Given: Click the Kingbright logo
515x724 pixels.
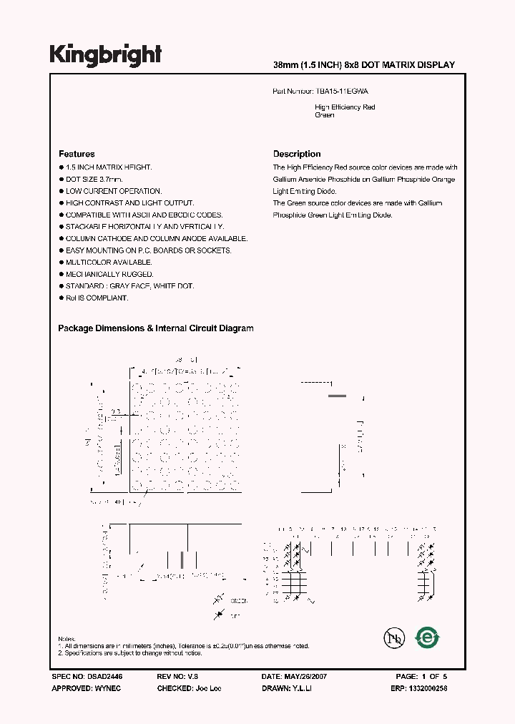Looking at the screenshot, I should (105, 54).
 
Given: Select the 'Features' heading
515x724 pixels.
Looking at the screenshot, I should (77, 154).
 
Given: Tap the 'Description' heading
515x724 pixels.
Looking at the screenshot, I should (297, 154).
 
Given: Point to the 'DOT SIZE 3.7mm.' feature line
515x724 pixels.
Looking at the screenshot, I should (94, 179).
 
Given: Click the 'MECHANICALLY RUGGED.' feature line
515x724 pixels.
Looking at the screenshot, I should (109, 274).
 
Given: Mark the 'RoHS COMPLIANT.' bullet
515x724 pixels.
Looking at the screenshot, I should (97, 298).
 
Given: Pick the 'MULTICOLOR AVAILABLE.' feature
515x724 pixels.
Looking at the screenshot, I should (109, 263).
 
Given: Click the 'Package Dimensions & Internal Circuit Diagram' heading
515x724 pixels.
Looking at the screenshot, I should (155, 328).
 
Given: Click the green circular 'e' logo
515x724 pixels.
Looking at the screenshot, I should (428, 637).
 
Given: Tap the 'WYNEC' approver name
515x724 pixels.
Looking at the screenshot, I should (107, 688).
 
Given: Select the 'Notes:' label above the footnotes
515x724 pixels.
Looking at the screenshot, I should (67, 638).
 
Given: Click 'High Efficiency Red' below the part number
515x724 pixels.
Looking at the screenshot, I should (345, 107).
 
